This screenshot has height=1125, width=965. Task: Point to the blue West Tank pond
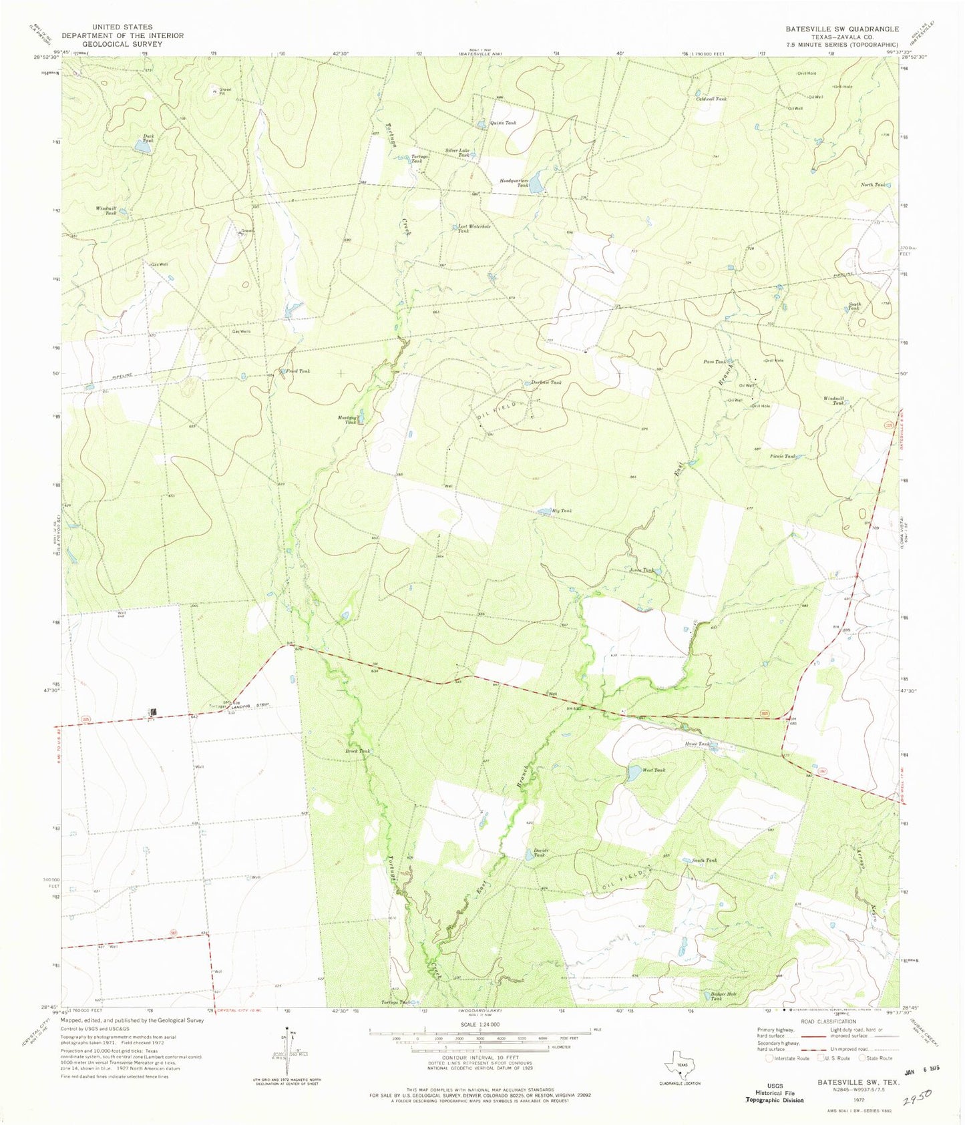click(x=631, y=774)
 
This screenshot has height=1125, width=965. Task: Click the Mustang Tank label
click(x=346, y=419)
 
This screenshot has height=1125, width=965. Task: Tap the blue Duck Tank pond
click(x=142, y=150)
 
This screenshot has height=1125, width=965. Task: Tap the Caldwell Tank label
click(x=711, y=98)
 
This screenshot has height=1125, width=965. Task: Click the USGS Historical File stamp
click(x=774, y=1094)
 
